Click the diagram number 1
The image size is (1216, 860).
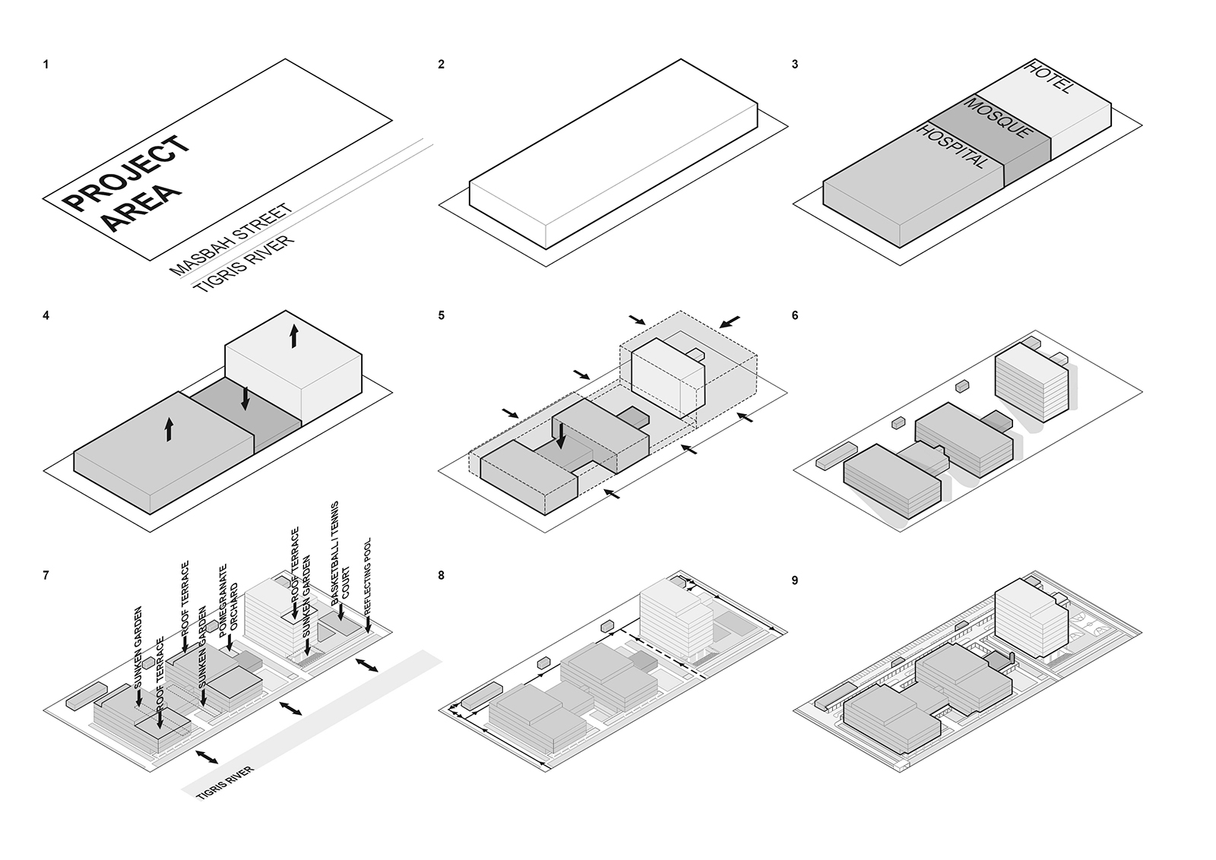(x=46, y=65)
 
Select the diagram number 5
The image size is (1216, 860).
(x=442, y=315)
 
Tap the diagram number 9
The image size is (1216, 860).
(x=795, y=580)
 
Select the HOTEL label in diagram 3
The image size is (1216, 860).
(x=1050, y=77)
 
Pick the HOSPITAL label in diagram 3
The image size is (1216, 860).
(x=955, y=147)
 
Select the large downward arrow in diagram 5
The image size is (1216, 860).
(x=561, y=437)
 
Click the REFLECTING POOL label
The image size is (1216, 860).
(x=369, y=577)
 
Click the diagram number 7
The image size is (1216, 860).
(x=46, y=575)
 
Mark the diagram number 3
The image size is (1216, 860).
(x=795, y=65)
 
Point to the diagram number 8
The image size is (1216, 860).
(x=442, y=575)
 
